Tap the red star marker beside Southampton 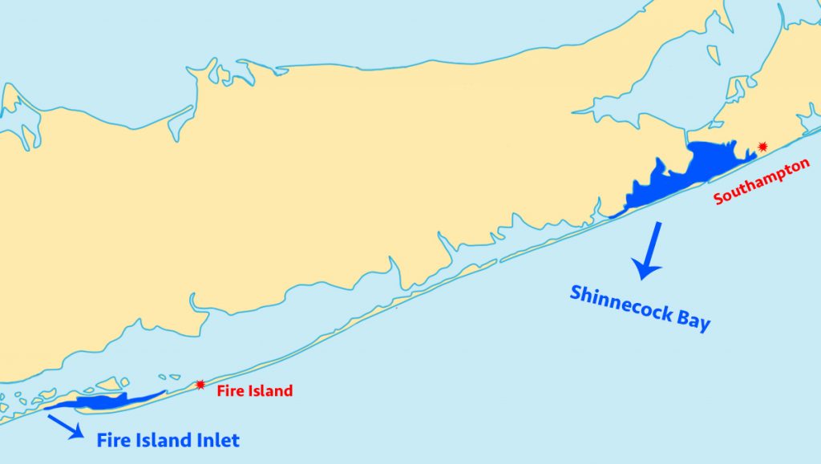point(762,147)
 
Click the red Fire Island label point(254,391)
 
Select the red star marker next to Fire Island point(200,385)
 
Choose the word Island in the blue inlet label point(163,440)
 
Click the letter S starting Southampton point(718,197)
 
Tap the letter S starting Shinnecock point(576,292)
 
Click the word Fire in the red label point(229,391)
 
